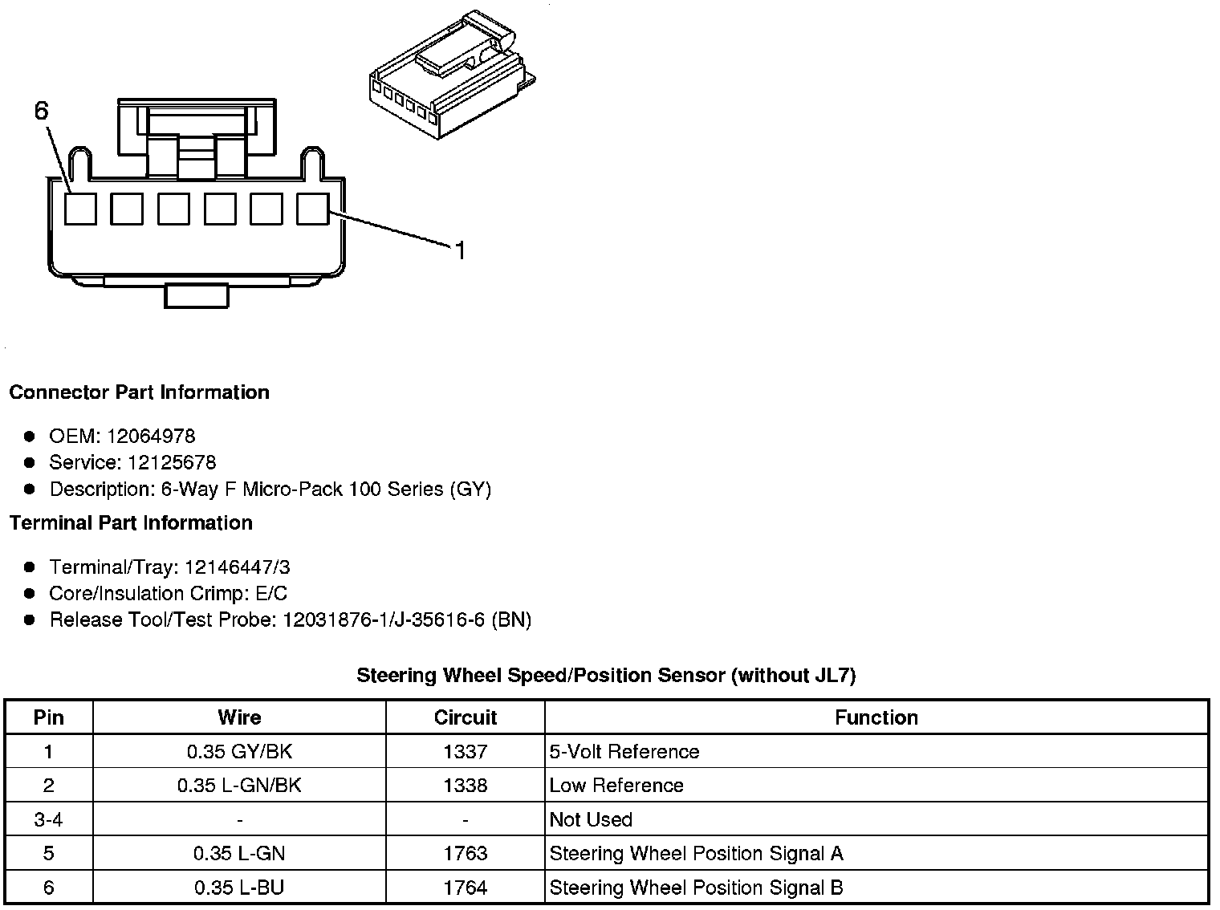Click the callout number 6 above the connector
tap(42, 111)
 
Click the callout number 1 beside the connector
tap(460, 251)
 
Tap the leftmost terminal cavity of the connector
tap(80, 209)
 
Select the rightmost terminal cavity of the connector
tap(312, 209)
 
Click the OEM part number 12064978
tap(151, 437)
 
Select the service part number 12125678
tap(172, 463)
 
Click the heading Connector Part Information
tap(139, 392)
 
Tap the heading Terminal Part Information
tap(131, 523)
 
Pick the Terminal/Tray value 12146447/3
tap(237, 567)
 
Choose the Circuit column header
tap(465, 717)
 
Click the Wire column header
tap(239, 717)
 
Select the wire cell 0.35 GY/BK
tap(239, 752)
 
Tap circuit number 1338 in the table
tap(465, 786)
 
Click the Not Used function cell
tap(591, 820)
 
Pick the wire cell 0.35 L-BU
tap(239, 888)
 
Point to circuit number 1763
tap(465, 854)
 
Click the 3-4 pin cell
tap(49, 820)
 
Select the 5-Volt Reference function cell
tap(624, 752)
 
